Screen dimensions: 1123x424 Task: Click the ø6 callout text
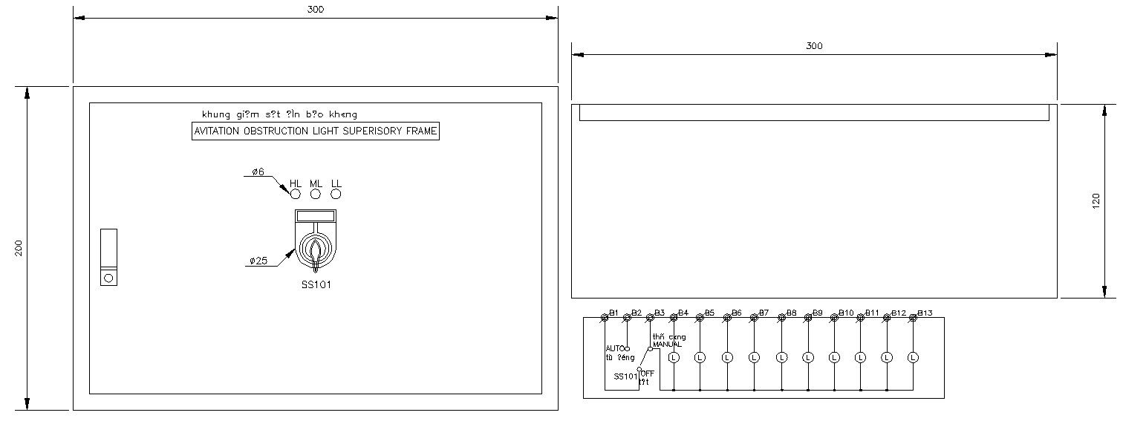(x=258, y=172)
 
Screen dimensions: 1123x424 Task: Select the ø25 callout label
(x=258, y=261)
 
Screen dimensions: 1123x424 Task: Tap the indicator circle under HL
(x=295, y=195)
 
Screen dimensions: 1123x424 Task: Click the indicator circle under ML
(x=316, y=195)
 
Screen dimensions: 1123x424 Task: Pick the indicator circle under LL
(x=336, y=195)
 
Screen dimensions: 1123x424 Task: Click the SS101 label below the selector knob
(x=316, y=285)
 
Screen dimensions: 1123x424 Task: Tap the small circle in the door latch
(x=108, y=278)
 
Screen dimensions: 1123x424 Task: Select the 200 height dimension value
(x=20, y=248)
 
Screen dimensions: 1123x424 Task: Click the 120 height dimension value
(x=1096, y=201)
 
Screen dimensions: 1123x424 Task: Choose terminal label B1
(x=613, y=313)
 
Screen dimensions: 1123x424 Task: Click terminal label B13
(x=925, y=313)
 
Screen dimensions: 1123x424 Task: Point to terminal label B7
(x=764, y=313)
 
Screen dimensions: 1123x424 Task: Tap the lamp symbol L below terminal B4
(x=674, y=357)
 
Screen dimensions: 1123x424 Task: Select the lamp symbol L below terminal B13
(x=913, y=357)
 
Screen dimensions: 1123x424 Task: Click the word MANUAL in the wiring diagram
(x=667, y=345)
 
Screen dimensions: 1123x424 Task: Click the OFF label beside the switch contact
(x=647, y=373)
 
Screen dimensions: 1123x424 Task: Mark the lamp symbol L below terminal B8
(x=781, y=357)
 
